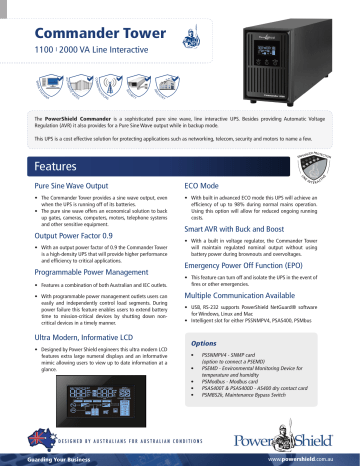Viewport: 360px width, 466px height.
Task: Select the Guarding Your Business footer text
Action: point(44,459)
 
